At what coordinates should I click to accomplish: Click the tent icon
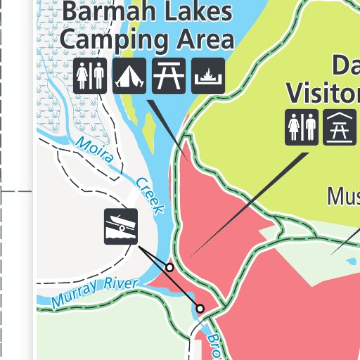129,76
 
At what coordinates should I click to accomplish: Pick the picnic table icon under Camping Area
169,76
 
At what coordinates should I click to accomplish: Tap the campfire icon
208,76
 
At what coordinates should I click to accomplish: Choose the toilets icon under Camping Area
90,76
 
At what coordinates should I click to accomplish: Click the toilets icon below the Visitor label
302,128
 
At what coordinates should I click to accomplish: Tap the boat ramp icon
121,226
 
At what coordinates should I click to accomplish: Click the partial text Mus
343,196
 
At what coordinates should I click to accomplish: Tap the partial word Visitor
323,92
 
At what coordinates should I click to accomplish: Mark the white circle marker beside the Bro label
200,309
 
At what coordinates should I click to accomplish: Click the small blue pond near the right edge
351,262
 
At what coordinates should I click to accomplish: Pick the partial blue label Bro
213,346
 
